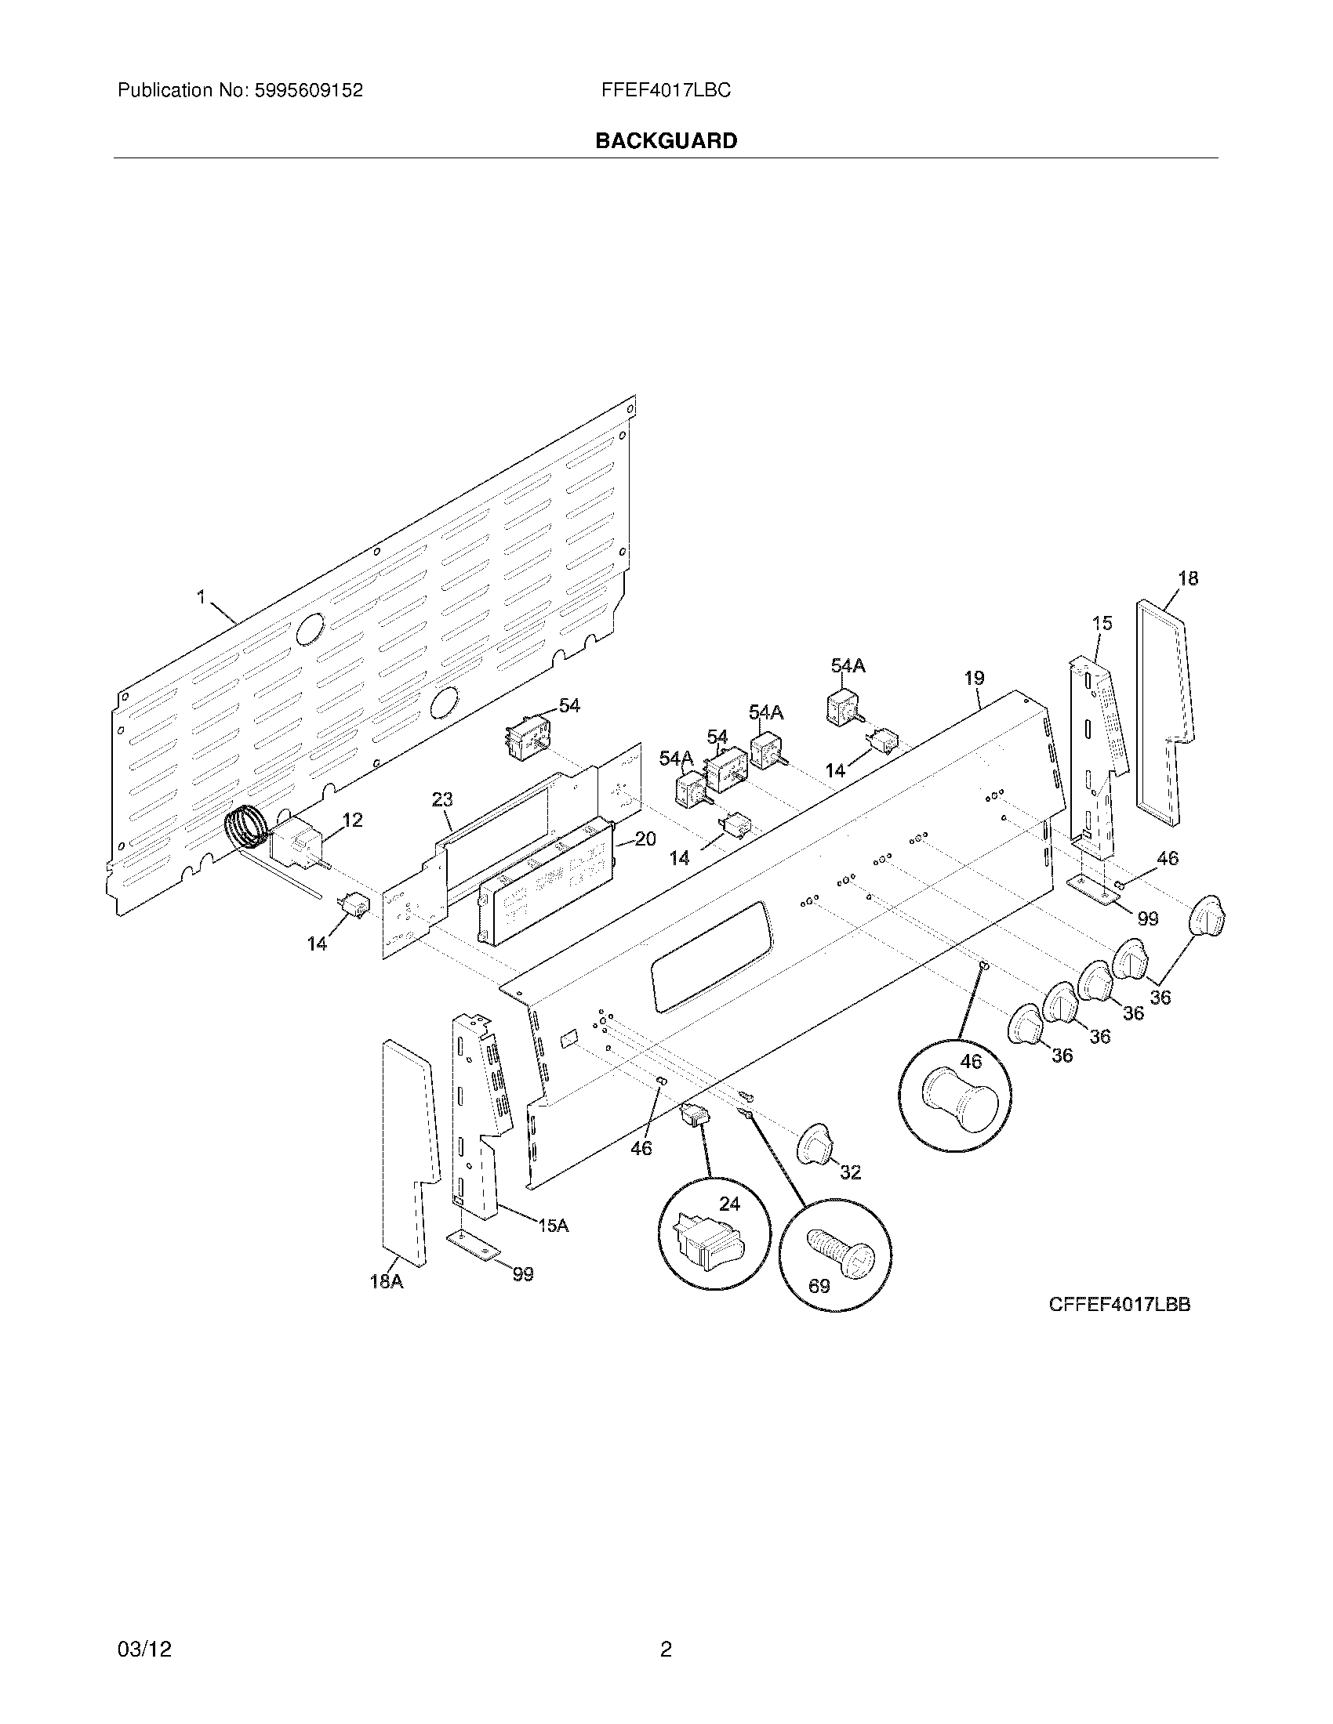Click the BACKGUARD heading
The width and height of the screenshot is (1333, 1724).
[x=666, y=141]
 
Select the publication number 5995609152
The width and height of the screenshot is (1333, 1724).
[x=308, y=91]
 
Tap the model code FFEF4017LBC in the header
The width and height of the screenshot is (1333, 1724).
[x=666, y=91]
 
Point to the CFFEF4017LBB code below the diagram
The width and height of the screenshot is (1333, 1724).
[x=1119, y=1305]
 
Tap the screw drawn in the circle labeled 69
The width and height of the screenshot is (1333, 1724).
[x=843, y=1255]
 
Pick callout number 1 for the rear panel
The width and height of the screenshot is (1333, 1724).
[x=202, y=597]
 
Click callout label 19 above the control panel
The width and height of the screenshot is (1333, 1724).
[x=974, y=678]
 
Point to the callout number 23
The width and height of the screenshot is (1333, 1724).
[x=441, y=799]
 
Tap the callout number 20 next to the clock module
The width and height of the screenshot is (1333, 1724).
[x=645, y=839]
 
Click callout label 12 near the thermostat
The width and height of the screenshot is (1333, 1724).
[x=352, y=820]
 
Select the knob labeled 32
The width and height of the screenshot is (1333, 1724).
[x=813, y=1144]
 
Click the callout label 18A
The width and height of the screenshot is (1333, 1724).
[x=386, y=1281]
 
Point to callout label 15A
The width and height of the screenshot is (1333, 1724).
[x=553, y=1225]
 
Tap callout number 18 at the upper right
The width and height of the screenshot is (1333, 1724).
[x=1188, y=578]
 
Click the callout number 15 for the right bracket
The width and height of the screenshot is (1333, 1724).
[x=1102, y=623]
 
